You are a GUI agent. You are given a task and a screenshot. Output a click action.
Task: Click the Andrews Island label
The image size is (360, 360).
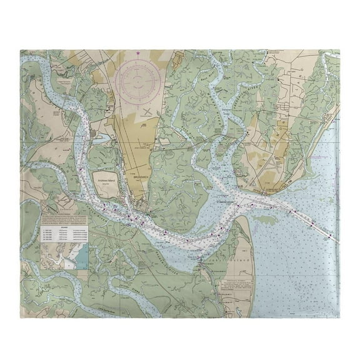click(x=110, y=182)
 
